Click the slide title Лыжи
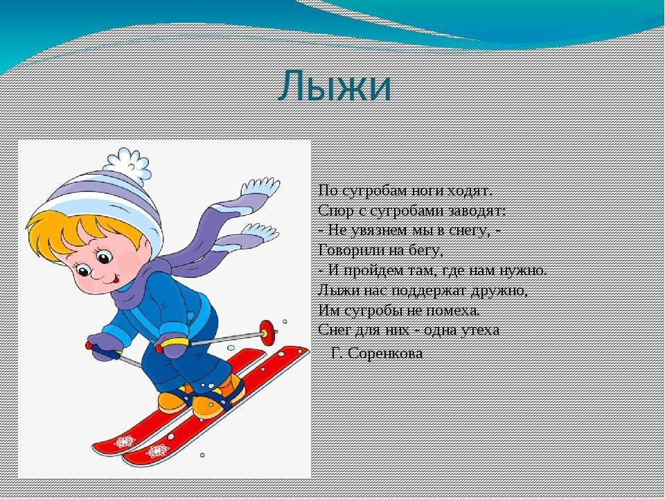334,87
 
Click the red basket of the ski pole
267,333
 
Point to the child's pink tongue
116,280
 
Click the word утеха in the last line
479,331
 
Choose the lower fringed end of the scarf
260,233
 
